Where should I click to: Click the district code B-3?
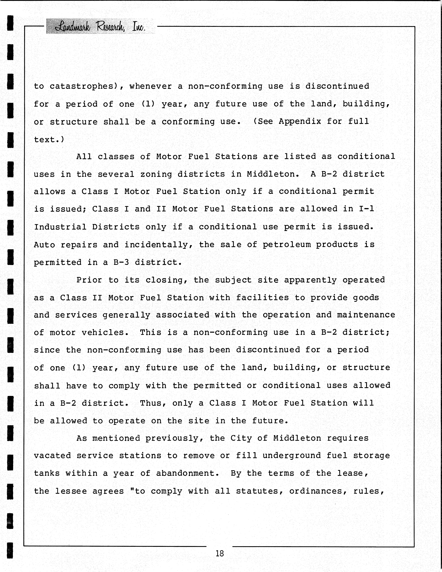click(x=121, y=262)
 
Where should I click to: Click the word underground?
click(x=292, y=455)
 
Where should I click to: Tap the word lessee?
click(x=71, y=491)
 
